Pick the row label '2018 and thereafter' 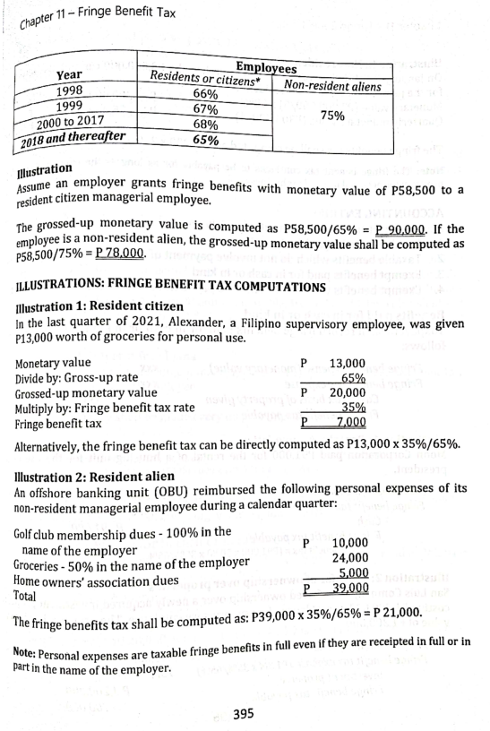point(71,138)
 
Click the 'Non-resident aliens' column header point(331,86)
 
